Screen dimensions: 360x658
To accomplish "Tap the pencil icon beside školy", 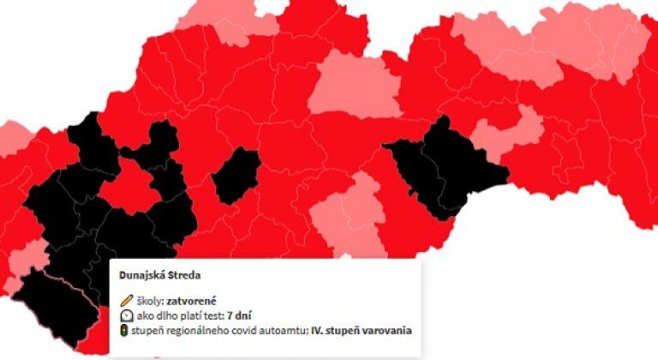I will (x=126, y=301).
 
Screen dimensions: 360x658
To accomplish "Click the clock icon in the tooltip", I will (x=126, y=315).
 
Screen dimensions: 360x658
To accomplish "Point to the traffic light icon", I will (x=126, y=330).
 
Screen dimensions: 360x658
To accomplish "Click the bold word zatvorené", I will (x=192, y=301).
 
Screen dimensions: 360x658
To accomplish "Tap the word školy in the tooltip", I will (x=151, y=301).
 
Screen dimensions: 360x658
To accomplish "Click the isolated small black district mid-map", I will (x=236, y=176).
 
